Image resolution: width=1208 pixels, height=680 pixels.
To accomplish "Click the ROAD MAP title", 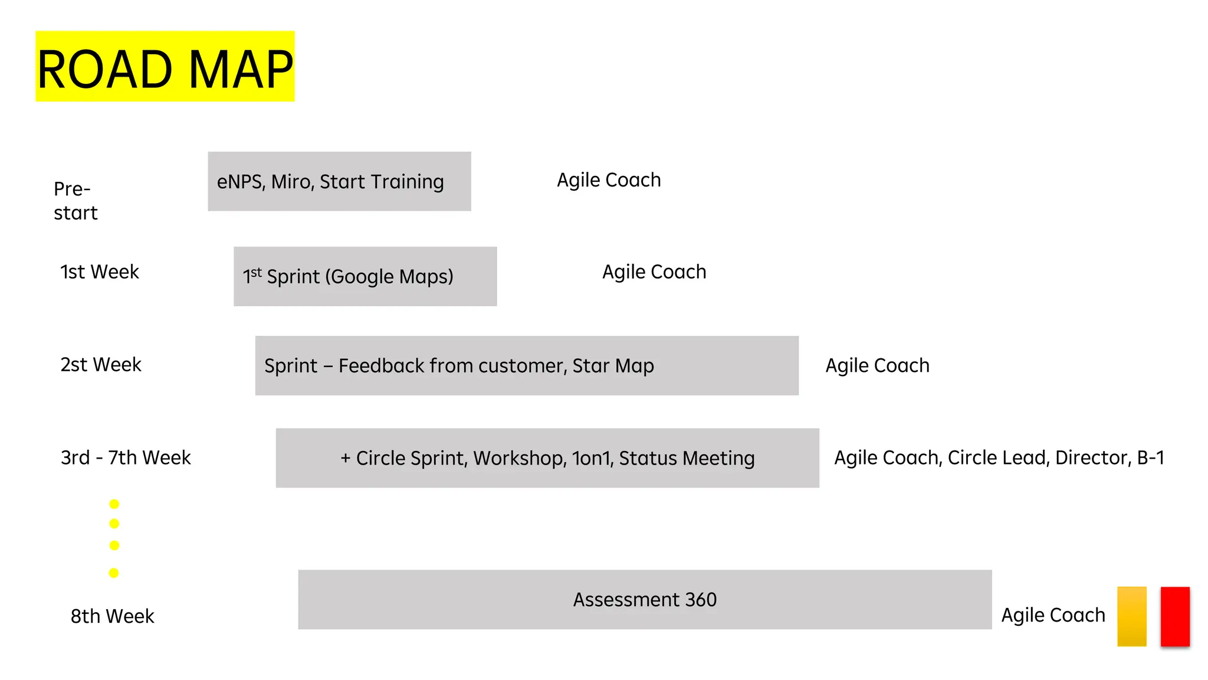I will pyautogui.click(x=165, y=68).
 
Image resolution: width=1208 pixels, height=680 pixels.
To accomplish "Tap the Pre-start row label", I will pyautogui.click(x=75, y=201).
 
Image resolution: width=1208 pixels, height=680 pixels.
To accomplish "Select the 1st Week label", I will pyautogui.click(x=99, y=272).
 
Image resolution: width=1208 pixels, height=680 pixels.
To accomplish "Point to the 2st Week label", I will pyautogui.click(x=100, y=364).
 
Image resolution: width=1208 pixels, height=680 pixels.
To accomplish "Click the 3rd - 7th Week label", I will pyautogui.click(x=126, y=457).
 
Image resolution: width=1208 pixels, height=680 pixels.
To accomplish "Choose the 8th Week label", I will pyautogui.click(x=112, y=616).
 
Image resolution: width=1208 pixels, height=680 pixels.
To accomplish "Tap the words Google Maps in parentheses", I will pyautogui.click(x=389, y=276).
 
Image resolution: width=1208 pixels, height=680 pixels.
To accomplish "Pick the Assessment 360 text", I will pyautogui.click(x=645, y=600).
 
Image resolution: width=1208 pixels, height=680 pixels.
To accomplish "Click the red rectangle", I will pyautogui.click(x=1174, y=616).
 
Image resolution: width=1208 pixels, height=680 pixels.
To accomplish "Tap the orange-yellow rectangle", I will pyautogui.click(x=1131, y=616).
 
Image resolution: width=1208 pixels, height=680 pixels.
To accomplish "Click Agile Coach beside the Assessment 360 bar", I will pyautogui.click(x=1053, y=615).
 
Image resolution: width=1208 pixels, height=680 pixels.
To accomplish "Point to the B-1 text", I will pyautogui.click(x=1151, y=457).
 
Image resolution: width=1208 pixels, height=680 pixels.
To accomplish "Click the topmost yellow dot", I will pyautogui.click(x=114, y=504).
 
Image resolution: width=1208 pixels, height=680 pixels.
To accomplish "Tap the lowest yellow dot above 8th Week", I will pyautogui.click(x=114, y=573).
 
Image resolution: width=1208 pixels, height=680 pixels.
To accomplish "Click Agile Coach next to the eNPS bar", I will pyautogui.click(x=609, y=180).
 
